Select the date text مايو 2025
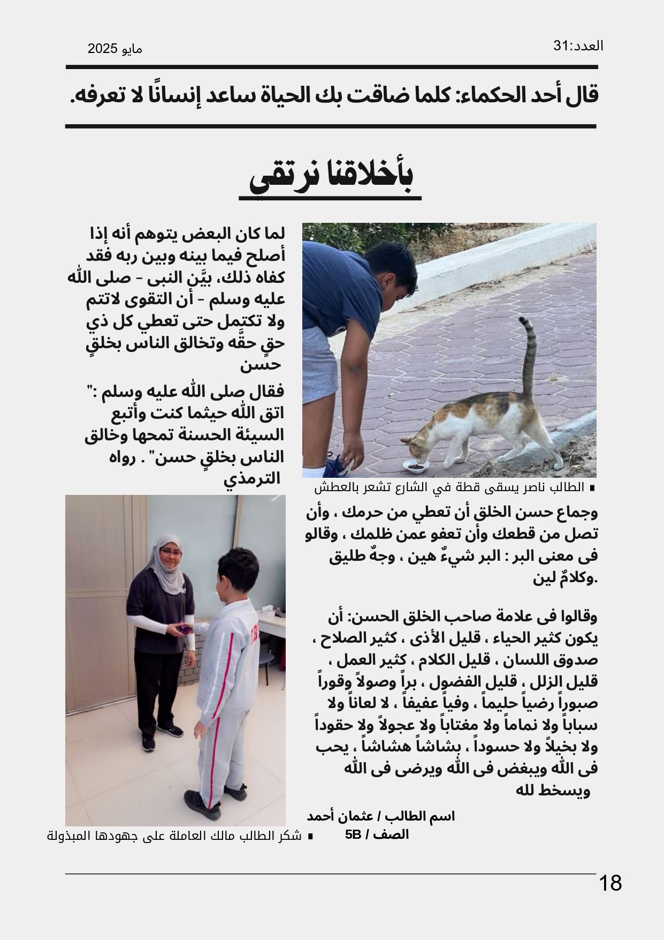(115, 49)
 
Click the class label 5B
(353, 835)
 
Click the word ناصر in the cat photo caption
(535, 488)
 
